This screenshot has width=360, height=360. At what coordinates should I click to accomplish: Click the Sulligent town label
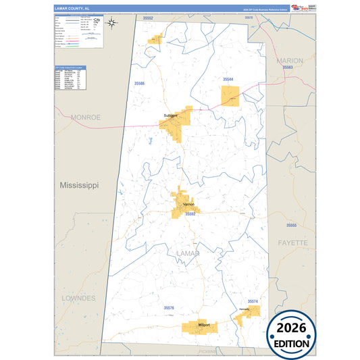tap(170, 115)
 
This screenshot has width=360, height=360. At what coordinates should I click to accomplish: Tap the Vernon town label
tap(188, 204)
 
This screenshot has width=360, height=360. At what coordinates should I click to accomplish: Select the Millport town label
tap(203, 326)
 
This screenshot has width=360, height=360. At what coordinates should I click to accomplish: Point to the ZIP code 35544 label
tap(228, 79)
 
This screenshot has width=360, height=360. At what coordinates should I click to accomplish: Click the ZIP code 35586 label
tap(139, 83)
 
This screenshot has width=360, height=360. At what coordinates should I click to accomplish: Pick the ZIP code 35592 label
tap(190, 213)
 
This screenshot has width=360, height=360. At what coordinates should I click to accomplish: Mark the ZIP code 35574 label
tap(253, 301)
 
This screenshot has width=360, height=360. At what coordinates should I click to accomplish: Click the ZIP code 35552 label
tap(149, 18)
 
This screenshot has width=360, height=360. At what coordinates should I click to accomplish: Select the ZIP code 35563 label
tap(288, 68)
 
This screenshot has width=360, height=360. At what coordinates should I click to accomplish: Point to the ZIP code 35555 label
tap(291, 224)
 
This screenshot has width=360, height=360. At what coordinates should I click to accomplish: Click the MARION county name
tap(289, 60)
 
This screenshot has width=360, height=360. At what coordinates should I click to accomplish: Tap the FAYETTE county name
tap(292, 242)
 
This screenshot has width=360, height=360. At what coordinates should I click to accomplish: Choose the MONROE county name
tap(86, 117)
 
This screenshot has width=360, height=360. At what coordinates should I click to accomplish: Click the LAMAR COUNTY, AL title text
tap(72, 8)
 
